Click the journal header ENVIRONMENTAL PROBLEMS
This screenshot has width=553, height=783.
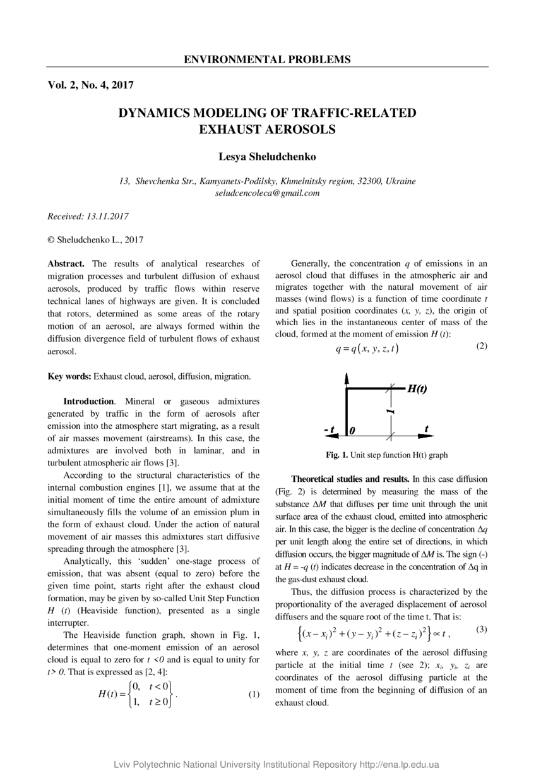pos(267,60)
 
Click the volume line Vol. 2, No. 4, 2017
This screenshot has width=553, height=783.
pos(90,85)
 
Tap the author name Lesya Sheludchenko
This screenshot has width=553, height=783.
pos(267,157)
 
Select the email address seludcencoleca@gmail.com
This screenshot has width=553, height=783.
pos(267,193)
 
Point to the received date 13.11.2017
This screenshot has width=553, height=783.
pos(108,217)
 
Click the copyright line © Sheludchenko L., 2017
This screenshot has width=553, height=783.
pos(95,240)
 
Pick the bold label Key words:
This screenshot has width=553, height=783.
pos(69,376)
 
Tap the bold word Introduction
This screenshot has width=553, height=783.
pos(88,402)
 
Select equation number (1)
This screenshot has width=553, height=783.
pos(253,695)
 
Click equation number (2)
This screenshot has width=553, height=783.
pos(482,346)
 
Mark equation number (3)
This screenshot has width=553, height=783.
pos(482,630)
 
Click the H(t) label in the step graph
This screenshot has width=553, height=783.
pos(417,389)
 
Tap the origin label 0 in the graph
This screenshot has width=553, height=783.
pos(352,431)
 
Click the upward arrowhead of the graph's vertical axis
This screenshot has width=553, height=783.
pos(347,379)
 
